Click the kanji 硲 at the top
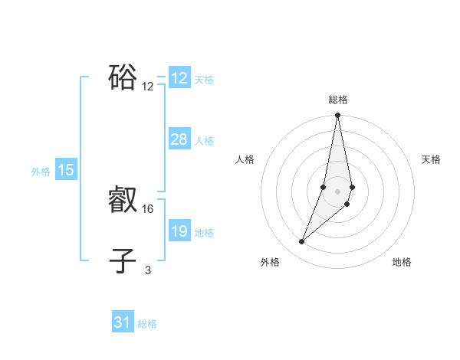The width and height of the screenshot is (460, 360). tap(123, 77)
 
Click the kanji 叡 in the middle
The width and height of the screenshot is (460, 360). tap(123, 201)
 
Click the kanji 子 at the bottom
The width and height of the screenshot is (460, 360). tap(123, 260)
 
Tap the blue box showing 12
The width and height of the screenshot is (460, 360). tap(179, 78)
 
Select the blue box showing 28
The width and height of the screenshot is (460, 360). tap(179, 139)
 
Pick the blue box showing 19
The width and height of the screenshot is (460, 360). tap(179, 231)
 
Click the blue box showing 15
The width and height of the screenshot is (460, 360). tap(66, 170)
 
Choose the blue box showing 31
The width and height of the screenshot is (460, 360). tap(123, 322)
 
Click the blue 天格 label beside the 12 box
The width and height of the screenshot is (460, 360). tap(204, 80)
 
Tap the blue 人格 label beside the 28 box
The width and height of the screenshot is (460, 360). tap(204, 141)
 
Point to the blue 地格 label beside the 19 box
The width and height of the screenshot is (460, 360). tap(204, 233)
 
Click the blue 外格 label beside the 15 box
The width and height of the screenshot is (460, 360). tap(41, 172)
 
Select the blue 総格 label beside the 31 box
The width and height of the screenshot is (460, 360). tap(147, 324)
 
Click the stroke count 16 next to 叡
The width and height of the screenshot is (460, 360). tap(148, 208)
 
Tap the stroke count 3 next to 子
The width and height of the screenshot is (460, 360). tap(148, 270)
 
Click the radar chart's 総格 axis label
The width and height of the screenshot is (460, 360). tap(338, 100)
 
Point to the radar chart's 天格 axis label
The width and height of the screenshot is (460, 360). tap(432, 159)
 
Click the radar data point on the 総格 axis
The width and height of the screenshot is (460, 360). tap(338, 116)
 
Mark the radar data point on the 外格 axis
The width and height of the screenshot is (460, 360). tap(302, 242)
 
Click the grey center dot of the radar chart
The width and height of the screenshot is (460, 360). tap(338, 191)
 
